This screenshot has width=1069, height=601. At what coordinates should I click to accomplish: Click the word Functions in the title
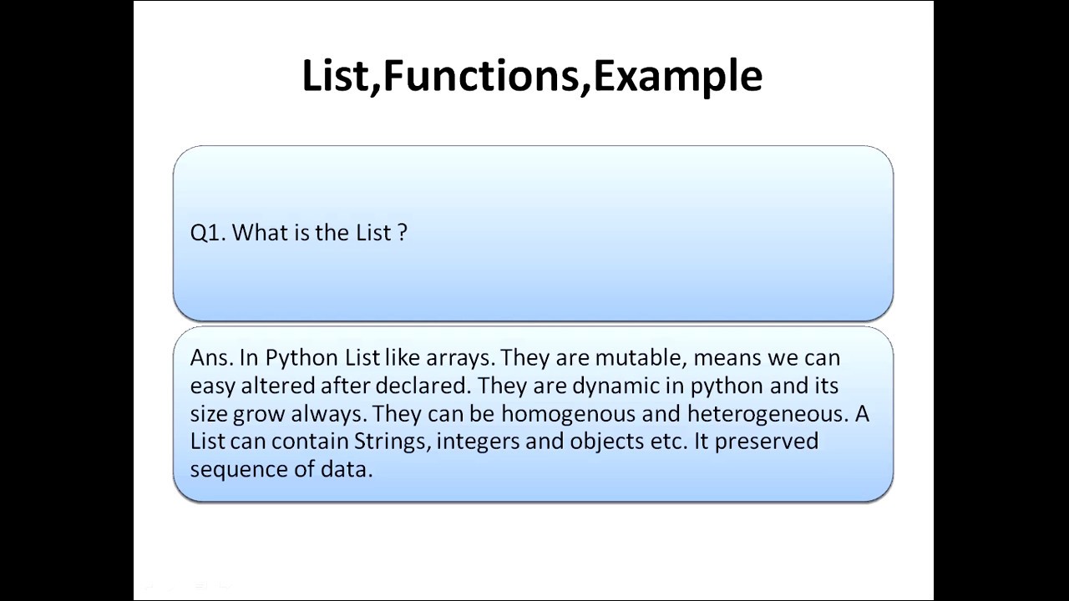480,75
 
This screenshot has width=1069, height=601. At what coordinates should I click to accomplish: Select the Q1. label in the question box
208,233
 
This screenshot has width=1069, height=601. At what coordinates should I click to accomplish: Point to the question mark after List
403,233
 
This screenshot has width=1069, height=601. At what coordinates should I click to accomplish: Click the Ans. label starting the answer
212,357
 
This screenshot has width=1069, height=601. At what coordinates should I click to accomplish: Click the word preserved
766,441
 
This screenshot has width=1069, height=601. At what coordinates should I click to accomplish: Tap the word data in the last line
346,469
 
